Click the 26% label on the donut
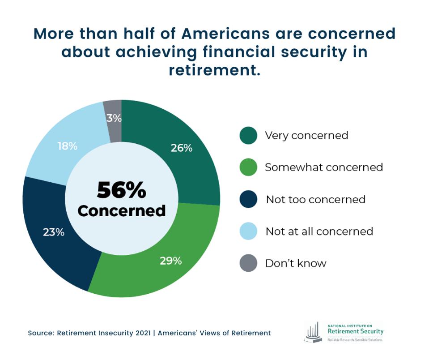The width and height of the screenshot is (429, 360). (181, 148)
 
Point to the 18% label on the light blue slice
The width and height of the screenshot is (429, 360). (68, 146)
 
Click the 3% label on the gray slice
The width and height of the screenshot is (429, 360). (114, 118)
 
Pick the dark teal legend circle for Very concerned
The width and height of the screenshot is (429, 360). (248, 135)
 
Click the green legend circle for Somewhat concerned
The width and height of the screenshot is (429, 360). (248, 167)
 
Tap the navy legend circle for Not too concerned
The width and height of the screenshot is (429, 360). (248, 199)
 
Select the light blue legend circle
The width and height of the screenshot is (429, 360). (248, 231)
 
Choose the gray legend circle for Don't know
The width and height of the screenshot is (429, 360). (248, 263)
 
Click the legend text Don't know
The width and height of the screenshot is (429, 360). (296, 263)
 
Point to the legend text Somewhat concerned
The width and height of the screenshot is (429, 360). (324, 167)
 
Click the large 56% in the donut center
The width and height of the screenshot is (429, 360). (121, 190)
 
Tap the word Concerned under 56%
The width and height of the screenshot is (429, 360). (121, 210)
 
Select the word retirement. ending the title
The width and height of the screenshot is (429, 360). (214, 70)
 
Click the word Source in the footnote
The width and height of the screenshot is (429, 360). (39, 333)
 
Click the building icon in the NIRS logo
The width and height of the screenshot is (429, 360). (313, 332)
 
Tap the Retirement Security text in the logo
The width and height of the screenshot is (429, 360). (355, 331)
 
